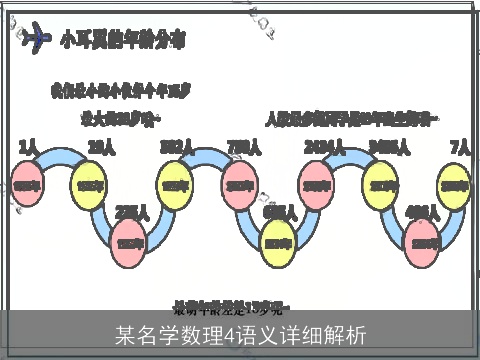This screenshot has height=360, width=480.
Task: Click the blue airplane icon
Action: tap(37, 39)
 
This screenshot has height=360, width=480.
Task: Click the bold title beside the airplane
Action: tap(122, 41)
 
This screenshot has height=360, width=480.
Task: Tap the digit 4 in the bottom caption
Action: tap(229, 334)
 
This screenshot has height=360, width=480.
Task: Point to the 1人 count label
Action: tap(28, 148)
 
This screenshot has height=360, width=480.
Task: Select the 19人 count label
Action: tap(99, 148)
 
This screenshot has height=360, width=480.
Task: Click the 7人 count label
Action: tap(460, 148)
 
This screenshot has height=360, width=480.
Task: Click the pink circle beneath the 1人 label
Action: tap(27, 185)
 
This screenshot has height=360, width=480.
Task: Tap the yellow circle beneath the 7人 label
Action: tap(456, 185)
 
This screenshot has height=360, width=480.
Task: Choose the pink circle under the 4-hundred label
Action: tap(424, 243)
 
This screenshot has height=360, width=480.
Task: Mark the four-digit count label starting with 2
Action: tap(318, 148)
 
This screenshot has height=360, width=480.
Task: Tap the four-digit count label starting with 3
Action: tap(387, 148)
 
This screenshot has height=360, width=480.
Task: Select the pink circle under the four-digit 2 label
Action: tap(317, 185)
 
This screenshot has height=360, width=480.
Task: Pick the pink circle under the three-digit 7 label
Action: tap(240, 185)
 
